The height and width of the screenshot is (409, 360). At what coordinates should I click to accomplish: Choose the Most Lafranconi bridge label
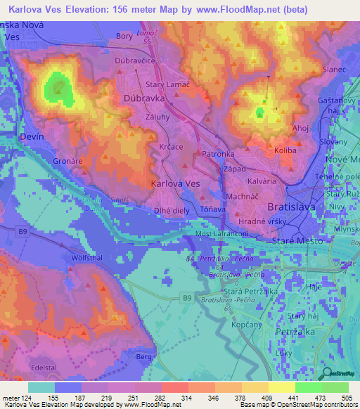[x=224, y=233]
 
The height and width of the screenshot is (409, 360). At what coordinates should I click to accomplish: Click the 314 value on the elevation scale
[x=188, y=398]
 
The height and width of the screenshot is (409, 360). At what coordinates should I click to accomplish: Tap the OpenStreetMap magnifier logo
[x=326, y=375]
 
